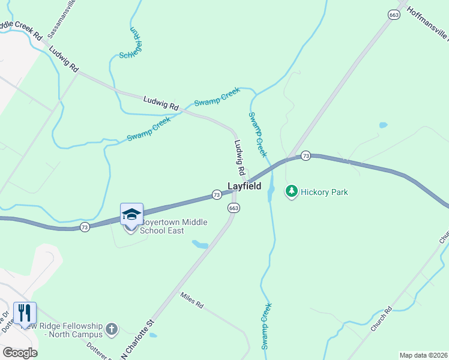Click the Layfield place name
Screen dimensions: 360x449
pyautogui.click(x=244, y=187)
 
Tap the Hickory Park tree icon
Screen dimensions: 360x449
pyautogui.click(x=291, y=191)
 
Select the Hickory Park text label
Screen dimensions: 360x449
pyautogui.click(x=325, y=193)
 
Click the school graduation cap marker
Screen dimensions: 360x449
pyautogui.click(x=132, y=214)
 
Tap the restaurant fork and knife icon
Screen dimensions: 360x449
pyautogui.click(x=25, y=313)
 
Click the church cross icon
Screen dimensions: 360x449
pyautogui.click(x=111, y=328)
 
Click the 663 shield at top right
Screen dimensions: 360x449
pyautogui.click(x=394, y=15)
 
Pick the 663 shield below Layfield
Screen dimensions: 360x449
pyautogui.click(x=234, y=208)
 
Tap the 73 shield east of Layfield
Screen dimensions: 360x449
pyautogui.click(x=306, y=156)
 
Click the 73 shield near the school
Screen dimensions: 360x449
pyautogui.click(x=85, y=227)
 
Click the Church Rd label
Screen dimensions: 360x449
pyautogui.click(x=381, y=320)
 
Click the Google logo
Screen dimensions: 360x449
pyautogui.click(x=20, y=353)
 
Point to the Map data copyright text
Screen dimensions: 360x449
pyautogui.click(x=424, y=355)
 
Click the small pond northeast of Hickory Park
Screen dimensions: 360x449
pyautogui.click(x=383, y=125)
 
